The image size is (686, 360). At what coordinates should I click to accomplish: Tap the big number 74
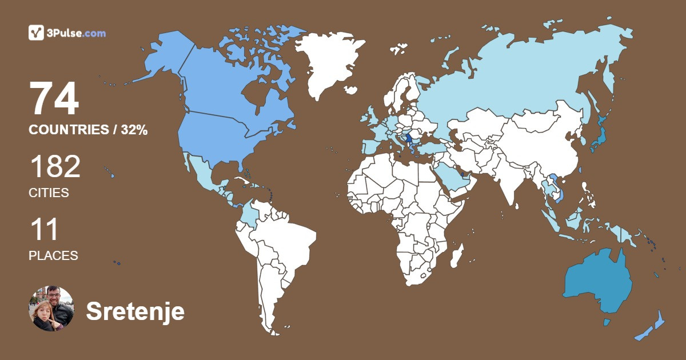(54, 99)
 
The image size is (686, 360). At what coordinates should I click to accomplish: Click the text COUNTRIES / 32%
(88, 130)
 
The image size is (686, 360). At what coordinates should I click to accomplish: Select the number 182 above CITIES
(55, 167)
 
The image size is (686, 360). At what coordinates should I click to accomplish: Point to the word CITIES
(49, 193)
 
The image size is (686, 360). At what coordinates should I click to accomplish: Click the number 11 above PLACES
(44, 229)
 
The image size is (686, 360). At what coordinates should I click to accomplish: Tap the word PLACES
(53, 256)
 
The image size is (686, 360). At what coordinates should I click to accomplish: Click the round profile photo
(51, 309)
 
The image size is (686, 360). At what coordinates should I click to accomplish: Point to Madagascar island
(456, 255)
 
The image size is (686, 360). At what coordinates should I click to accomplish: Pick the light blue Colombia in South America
(250, 214)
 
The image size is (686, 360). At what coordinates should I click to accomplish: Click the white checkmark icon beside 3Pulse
(37, 33)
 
